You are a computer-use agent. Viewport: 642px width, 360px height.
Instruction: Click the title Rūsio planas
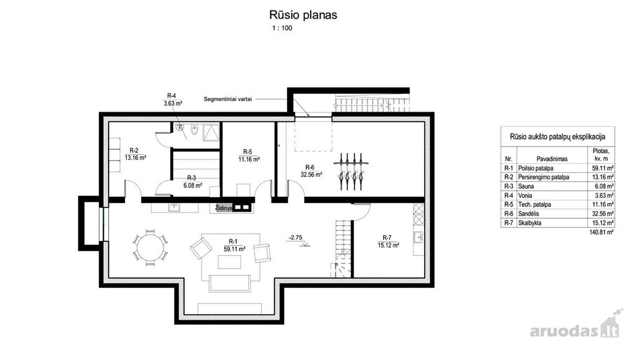(303, 15)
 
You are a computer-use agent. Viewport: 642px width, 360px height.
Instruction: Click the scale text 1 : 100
(282, 28)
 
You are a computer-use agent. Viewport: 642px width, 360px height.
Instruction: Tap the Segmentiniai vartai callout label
(227, 99)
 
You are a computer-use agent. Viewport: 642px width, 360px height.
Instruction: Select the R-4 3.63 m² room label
(172, 99)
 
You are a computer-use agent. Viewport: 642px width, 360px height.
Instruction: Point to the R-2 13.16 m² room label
(135, 154)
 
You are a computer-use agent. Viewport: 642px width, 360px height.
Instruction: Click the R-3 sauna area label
(193, 182)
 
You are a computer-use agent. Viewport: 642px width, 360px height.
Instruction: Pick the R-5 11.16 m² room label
(249, 156)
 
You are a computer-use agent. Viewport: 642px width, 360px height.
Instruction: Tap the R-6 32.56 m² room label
(311, 171)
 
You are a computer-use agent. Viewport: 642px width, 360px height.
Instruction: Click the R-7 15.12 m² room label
(388, 242)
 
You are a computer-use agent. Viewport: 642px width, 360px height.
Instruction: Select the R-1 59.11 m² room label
(234, 246)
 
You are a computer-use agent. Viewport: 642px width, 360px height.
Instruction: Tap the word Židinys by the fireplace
(224, 208)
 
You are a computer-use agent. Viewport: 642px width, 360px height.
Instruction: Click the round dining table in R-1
(150, 247)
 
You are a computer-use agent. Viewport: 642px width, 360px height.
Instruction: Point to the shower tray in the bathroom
(211, 133)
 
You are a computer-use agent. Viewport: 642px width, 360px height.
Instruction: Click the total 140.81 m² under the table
(601, 232)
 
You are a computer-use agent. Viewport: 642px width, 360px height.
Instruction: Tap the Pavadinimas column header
(552, 159)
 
